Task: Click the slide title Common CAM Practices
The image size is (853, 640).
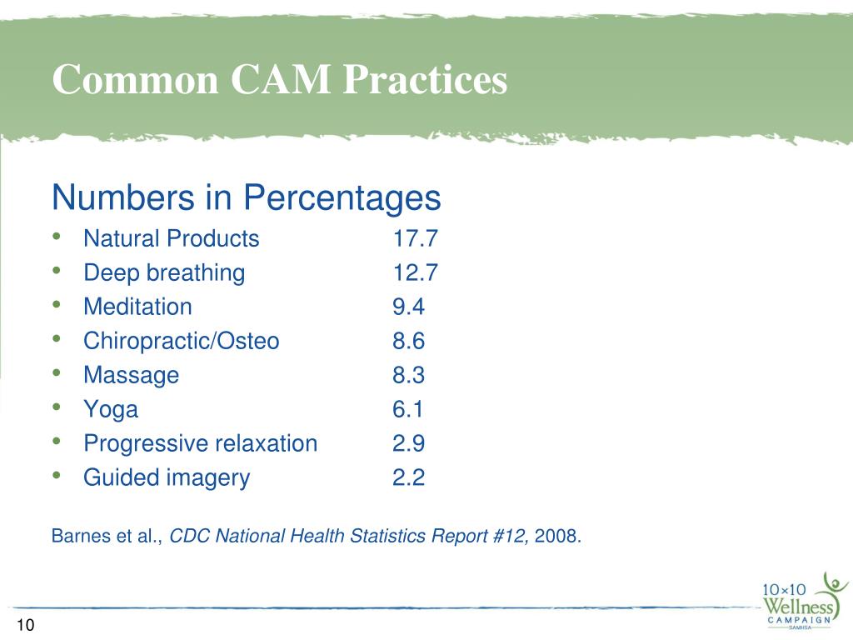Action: tap(279, 81)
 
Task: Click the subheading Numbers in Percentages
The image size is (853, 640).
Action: tap(246, 198)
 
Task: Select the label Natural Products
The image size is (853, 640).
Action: tap(172, 239)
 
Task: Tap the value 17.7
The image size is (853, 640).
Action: tap(415, 239)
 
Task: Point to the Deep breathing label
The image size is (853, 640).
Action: tap(164, 273)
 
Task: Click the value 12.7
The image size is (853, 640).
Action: tap(415, 273)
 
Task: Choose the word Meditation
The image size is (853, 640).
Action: tap(137, 307)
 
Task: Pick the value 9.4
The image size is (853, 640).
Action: tap(408, 307)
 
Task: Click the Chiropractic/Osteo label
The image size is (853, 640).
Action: tap(182, 341)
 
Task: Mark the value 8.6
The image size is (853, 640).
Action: tap(408, 341)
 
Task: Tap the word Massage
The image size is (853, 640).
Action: tap(131, 375)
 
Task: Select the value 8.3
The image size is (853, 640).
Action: tap(408, 375)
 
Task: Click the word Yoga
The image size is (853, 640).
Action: tap(111, 409)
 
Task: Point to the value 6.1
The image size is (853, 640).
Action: tap(408, 409)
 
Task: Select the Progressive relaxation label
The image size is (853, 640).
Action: tap(200, 443)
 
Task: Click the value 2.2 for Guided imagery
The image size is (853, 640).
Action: tap(408, 477)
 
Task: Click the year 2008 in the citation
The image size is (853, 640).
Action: tap(556, 536)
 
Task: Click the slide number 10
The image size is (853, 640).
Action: tap(23, 626)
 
